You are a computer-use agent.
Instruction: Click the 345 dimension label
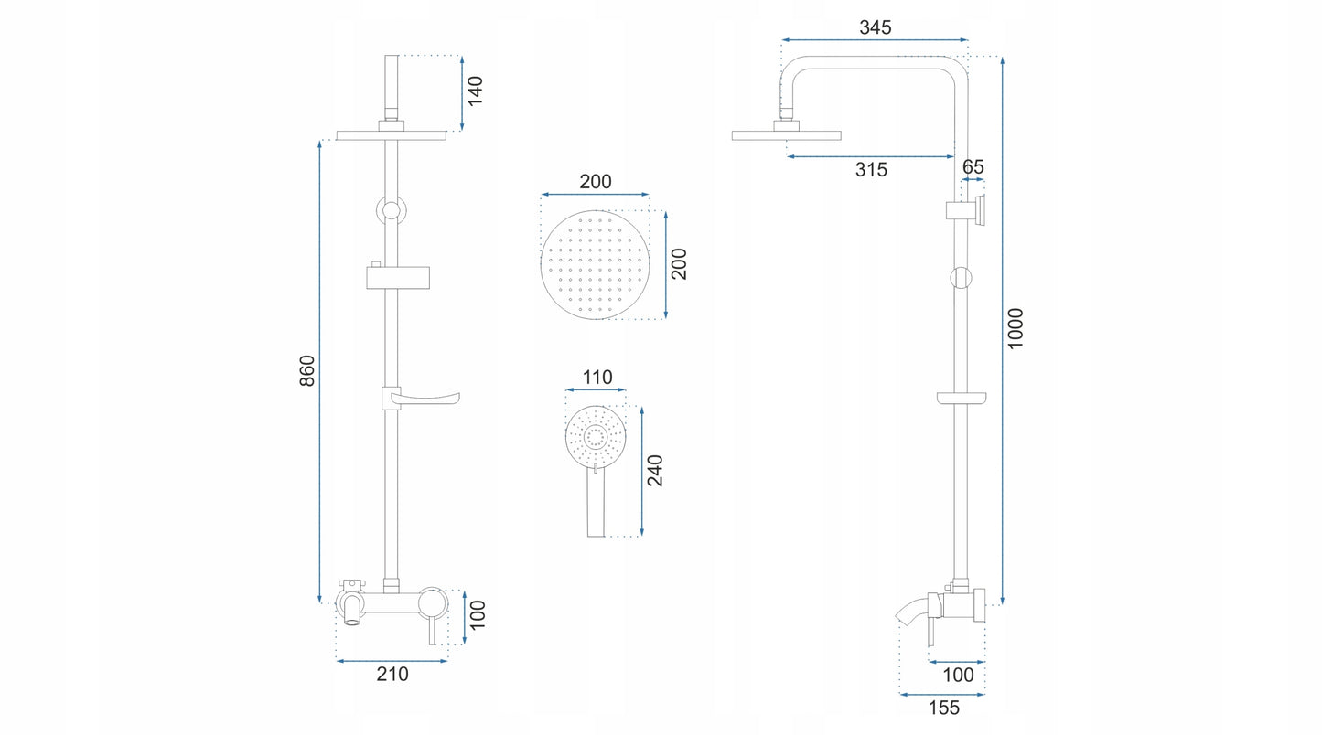pyautogui.click(x=875, y=27)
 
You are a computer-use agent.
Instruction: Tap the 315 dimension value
pyautogui.click(x=871, y=169)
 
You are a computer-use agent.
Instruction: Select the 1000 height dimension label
pyautogui.click(x=1016, y=327)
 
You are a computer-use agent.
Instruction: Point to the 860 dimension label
pyautogui.click(x=306, y=370)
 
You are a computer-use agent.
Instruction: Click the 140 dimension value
pyautogui.click(x=475, y=91)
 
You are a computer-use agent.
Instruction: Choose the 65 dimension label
pyautogui.click(x=973, y=167)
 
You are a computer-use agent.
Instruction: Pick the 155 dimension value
pyautogui.click(x=943, y=708)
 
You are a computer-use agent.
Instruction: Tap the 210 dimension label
pyautogui.click(x=392, y=675)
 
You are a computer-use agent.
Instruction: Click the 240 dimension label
pyautogui.click(x=655, y=470)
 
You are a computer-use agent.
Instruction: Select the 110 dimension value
pyautogui.click(x=597, y=378)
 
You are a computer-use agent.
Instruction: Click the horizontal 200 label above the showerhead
pyautogui.click(x=595, y=182)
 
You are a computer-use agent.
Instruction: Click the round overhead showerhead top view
pyautogui.click(x=595, y=264)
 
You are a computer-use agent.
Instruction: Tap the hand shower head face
pyautogui.click(x=596, y=437)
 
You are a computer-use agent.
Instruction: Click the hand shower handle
pyautogui.click(x=596, y=507)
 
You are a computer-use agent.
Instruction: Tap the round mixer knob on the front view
pyautogui.click(x=435, y=602)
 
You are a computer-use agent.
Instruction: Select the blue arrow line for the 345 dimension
pyautogui.click(x=875, y=40)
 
